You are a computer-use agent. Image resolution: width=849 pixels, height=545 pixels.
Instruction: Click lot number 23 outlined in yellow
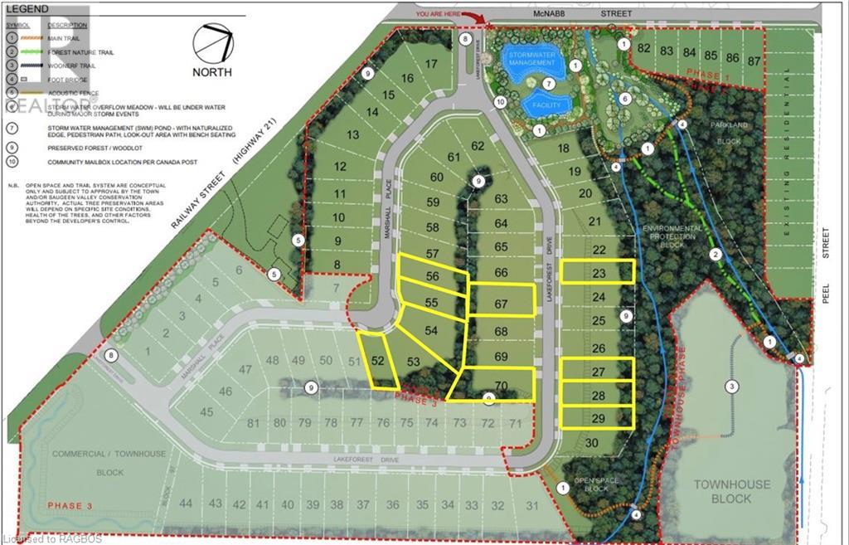coord(599,271)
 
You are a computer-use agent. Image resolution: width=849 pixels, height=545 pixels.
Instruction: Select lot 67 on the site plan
coord(501,304)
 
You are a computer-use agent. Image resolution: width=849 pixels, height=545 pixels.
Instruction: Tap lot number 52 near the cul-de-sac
coord(378,361)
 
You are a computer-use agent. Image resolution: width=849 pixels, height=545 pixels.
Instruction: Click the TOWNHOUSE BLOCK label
coord(732,491)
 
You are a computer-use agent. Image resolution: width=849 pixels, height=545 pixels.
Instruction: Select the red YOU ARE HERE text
coord(440,13)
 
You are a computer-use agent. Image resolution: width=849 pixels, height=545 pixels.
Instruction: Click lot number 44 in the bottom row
coord(186,504)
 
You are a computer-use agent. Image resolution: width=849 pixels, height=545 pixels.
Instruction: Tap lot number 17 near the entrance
coord(431,64)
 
